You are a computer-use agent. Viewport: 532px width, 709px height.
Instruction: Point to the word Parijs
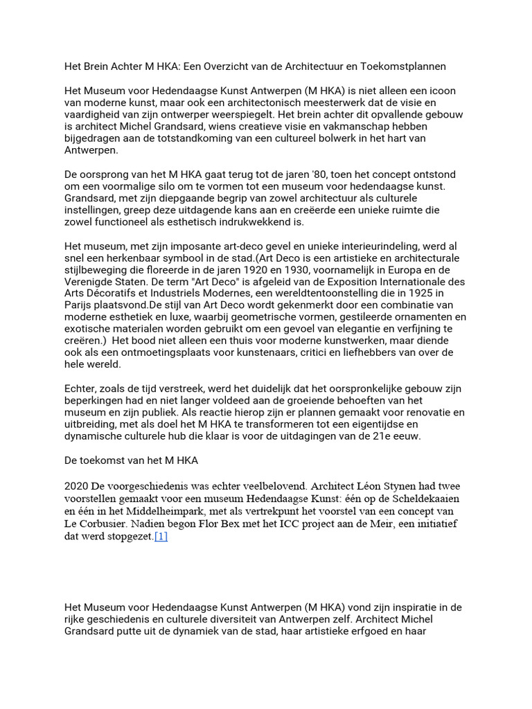(x=80, y=305)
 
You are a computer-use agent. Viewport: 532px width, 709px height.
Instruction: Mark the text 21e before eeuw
(x=383, y=436)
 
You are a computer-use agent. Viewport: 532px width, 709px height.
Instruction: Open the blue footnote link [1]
(x=161, y=536)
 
